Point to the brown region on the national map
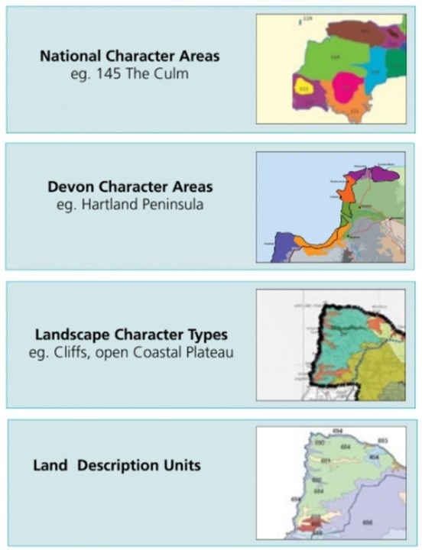click(x=359, y=31)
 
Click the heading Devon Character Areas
click(x=127, y=187)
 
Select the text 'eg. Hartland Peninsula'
click(x=127, y=203)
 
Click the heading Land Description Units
click(x=117, y=465)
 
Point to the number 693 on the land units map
click(x=383, y=441)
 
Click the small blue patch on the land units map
click(x=375, y=457)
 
